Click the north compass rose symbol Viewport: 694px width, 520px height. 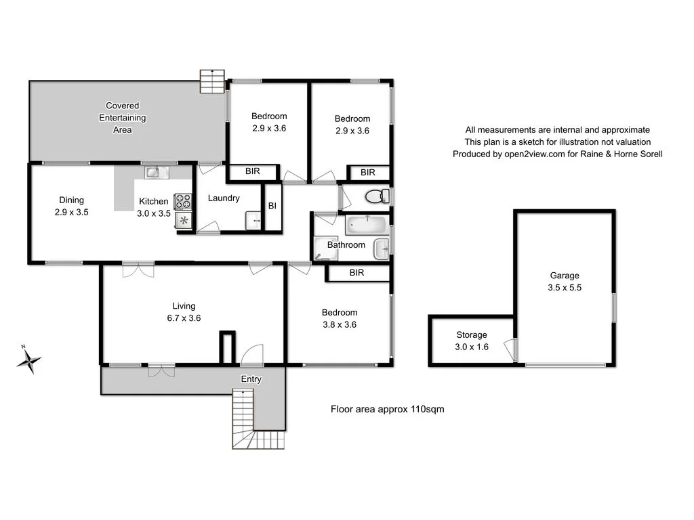[x=28, y=360]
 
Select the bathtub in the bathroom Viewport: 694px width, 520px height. [x=365, y=224]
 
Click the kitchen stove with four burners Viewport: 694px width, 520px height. [x=183, y=201]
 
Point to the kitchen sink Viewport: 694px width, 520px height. [x=152, y=172]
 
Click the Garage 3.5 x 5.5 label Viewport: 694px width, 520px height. [x=565, y=281]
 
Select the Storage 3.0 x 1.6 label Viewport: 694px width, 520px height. [x=471, y=341]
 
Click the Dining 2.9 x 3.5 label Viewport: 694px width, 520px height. [x=71, y=206]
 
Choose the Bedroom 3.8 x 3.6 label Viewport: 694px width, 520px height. [x=339, y=318]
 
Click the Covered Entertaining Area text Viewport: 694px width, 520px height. [x=123, y=118]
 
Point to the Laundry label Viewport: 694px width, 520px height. [x=224, y=198]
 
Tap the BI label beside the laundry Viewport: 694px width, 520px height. [x=272, y=206]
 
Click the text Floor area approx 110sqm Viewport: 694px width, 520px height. [x=387, y=409]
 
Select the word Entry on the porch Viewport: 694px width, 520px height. [x=251, y=379]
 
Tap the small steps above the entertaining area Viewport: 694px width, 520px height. [x=212, y=82]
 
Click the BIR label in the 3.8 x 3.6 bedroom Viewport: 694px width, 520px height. [x=357, y=273]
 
